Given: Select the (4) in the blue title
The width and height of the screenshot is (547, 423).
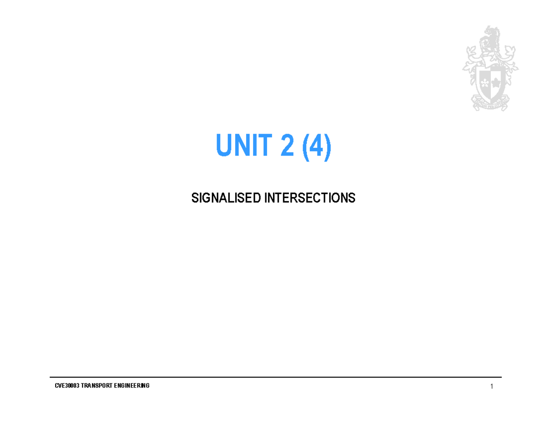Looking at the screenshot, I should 315,146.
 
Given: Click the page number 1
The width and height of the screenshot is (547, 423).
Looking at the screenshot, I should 492,387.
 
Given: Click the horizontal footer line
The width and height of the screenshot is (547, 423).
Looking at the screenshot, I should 273,377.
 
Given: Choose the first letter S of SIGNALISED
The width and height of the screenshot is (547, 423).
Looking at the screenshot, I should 194,198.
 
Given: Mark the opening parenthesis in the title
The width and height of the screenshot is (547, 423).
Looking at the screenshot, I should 304,146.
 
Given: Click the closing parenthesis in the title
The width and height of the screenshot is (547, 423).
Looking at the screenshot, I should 327,146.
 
